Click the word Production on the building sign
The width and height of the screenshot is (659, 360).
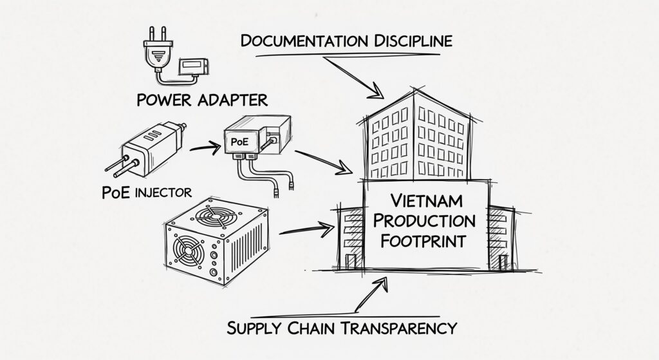click(x=424, y=221)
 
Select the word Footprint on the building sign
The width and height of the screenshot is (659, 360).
click(x=424, y=243)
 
